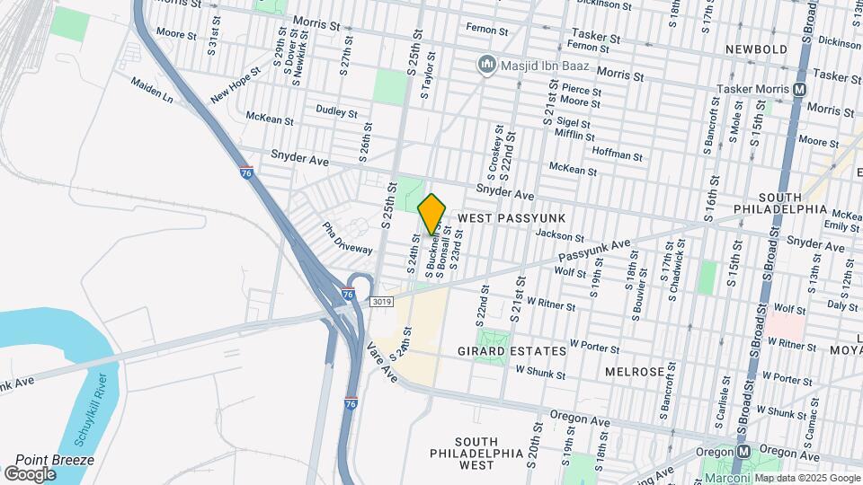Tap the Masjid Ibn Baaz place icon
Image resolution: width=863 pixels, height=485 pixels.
tap(487, 64)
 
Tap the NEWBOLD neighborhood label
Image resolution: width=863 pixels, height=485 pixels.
tap(758, 49)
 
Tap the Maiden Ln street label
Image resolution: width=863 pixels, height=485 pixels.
tap(152, 87)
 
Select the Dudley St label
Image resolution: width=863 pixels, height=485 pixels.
tap(336, 110)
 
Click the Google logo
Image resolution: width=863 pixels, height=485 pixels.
tap(30, 473)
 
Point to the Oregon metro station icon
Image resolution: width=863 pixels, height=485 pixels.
tap(743, 452)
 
